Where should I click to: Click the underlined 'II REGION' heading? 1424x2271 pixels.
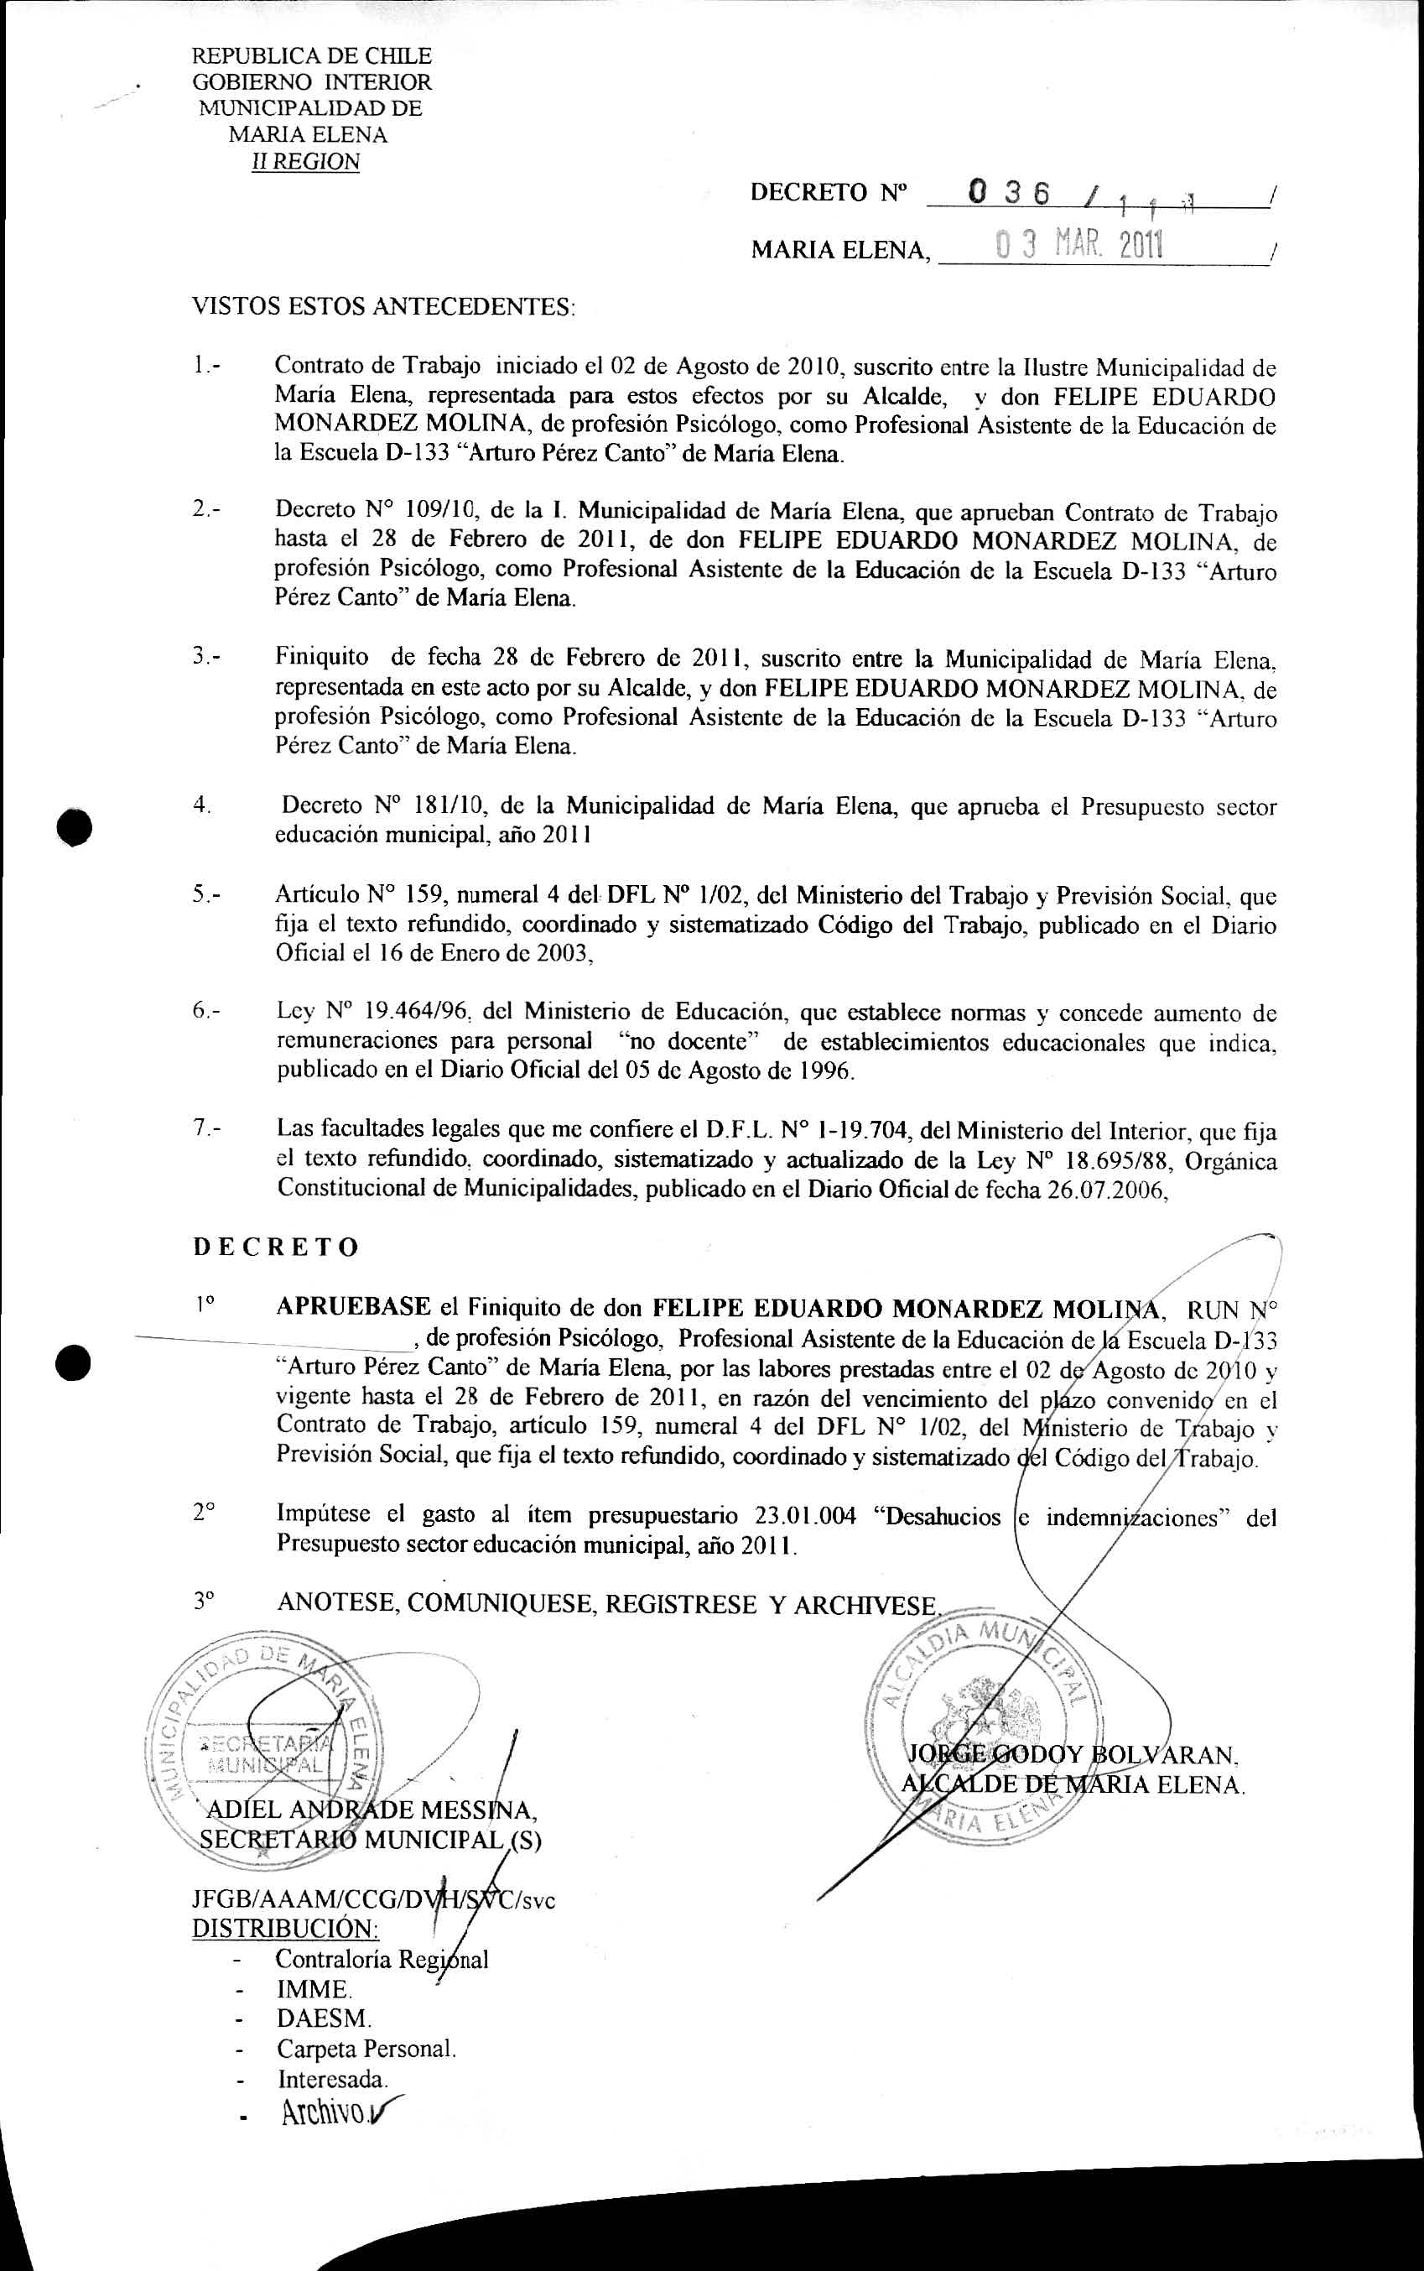305,162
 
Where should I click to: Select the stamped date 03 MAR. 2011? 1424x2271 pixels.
1079,246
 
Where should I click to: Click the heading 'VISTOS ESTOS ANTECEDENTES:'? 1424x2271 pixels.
383,307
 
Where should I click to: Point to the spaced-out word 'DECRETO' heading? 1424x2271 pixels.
276,1247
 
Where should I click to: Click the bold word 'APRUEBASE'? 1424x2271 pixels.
353,1307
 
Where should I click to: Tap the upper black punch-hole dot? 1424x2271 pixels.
74,826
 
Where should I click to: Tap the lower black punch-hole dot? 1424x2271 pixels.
74,1362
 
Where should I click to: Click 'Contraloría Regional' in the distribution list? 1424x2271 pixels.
382,1960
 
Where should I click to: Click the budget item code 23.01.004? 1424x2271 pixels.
805,1517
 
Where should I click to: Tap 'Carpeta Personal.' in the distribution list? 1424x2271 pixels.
366,2048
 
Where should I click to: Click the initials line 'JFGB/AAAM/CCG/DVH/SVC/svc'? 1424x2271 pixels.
373,1899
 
